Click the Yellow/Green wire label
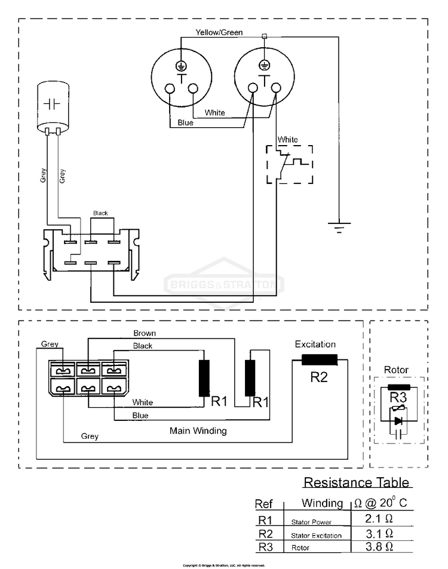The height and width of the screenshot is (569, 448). click(x=219, y=32)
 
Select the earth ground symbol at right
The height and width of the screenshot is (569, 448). click(x=339, y=227)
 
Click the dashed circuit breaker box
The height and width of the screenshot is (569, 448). click(x=289, y=164)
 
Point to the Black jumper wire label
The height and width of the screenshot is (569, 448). click(x=100, y=213)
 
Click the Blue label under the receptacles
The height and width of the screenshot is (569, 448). click(x=185, y=124)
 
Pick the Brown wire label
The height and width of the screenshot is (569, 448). click(x=145, y=333)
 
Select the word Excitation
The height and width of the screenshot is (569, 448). click(x=315, y=345)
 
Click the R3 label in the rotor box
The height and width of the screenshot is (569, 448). click(x=398, y=396)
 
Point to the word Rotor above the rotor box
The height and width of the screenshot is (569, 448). click(x=396, y=370)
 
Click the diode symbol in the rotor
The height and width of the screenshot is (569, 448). click(x=398, y=421)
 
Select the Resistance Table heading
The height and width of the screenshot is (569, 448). click(x=357, y=482)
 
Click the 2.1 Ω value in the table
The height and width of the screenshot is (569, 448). click(x=379, y=518)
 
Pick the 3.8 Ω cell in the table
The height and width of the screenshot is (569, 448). click(x=379, y=546)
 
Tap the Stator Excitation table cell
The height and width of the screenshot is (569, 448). click(x=316, y=536)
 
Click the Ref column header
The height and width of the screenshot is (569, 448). click(x=264, y=503)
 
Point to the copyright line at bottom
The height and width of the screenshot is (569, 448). click(x=223, y=565)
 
